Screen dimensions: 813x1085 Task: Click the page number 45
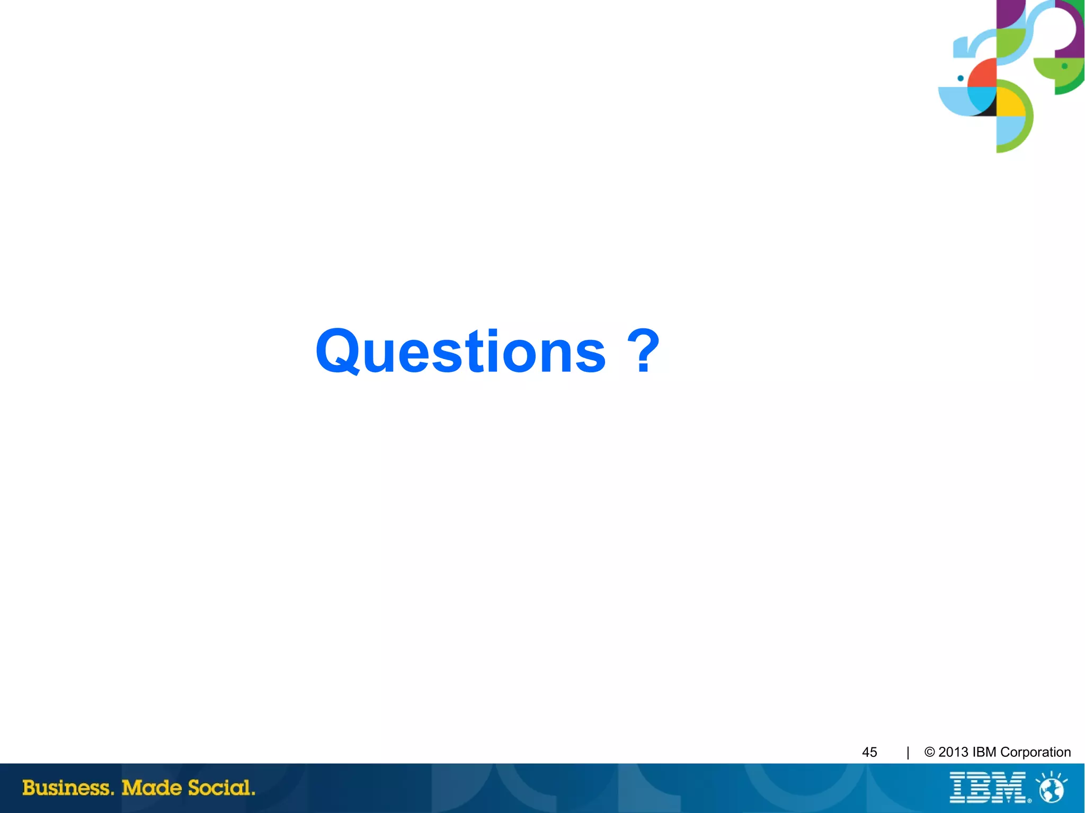[869, 752]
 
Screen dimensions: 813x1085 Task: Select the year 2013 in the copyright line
[953, 752]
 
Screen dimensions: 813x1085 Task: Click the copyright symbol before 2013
[929, 752]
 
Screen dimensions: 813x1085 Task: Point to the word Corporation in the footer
[1035, 752]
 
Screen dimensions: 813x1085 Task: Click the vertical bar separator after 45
[908, 752]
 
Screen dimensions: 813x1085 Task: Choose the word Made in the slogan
[152, 788]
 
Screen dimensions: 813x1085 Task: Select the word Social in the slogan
[221, 788]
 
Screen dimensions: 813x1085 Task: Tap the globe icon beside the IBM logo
[1052, 789]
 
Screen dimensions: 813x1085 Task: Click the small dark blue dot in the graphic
[961, 78]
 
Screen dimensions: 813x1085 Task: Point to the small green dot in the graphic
[1064, 66]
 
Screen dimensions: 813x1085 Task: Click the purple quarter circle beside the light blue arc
[1009, 13]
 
